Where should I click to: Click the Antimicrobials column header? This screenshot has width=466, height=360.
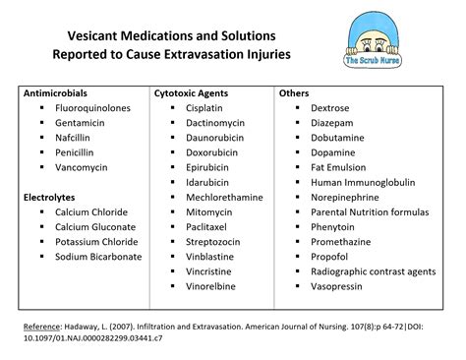[x=59, y=93]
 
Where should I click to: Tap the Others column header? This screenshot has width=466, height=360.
[x=294, y=93]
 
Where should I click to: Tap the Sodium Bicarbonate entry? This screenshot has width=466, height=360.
[x=98, y=257]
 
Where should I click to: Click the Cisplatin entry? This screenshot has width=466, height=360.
[x=208, y=108]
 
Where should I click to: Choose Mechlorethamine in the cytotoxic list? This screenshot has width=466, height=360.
[x=224, y=198]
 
